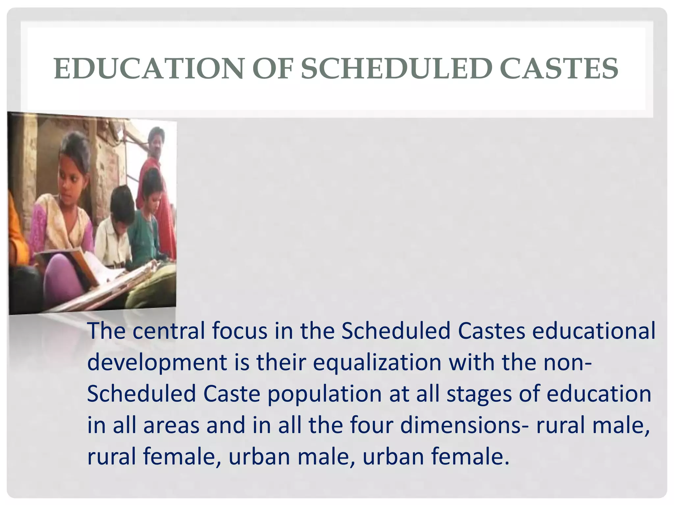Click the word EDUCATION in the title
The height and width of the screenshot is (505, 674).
click(148, 69)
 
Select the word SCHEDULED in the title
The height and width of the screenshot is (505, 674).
click(396, 69)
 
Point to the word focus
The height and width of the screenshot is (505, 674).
click(240, 331)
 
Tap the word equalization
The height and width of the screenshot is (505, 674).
click(377, 362)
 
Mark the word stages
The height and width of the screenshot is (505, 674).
click(479, 394)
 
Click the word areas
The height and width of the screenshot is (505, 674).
click(171, 425)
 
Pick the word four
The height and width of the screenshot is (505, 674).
click(372, 425)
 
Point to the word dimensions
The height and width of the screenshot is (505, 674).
click(461, 425)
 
